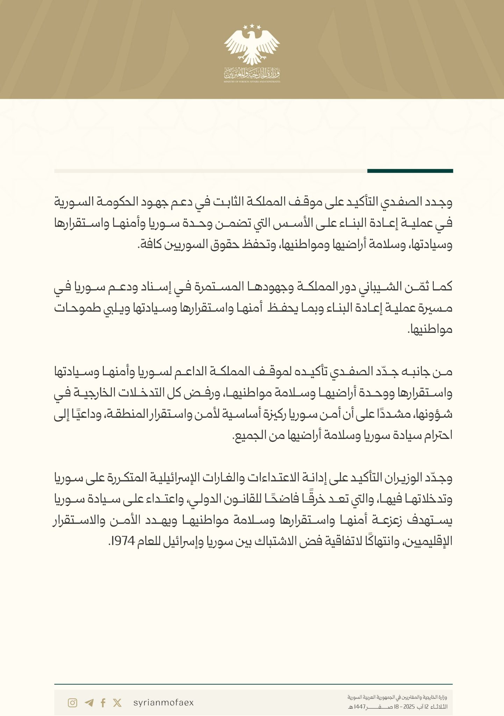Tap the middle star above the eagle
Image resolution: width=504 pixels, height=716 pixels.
252,26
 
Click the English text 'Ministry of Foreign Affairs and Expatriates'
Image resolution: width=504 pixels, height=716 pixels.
252,81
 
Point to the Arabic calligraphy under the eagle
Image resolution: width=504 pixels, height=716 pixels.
252,73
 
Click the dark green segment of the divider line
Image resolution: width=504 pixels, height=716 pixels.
410,171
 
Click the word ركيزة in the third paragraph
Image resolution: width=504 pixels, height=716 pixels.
271,414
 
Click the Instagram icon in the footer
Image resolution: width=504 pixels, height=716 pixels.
72,703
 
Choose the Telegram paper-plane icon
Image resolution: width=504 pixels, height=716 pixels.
89,703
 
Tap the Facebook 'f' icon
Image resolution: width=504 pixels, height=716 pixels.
103,703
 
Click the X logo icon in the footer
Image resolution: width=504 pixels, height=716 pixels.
117,703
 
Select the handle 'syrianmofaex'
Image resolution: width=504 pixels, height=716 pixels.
164,703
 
